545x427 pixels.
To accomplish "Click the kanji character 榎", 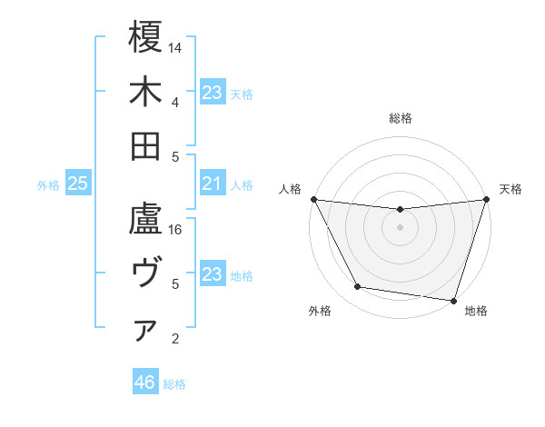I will [x=146, y=38].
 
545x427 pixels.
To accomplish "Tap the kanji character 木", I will [x=146, y=92].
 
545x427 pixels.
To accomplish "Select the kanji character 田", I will [x=146, y=146].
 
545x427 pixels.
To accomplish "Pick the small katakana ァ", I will [x=146, y=332].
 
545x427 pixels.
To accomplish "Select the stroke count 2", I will [x=175, y=339].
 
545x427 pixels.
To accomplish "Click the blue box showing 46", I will [x=145, y=382].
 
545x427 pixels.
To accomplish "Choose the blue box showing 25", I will [x=78, y=184].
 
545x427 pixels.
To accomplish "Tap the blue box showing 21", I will [x=212, y=184].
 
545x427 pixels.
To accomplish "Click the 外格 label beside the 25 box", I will [x=48, y=185].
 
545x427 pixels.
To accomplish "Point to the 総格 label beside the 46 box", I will [x=174, y=384].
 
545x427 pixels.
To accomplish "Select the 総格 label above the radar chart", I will [x=400, y=118].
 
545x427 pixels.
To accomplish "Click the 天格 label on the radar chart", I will [x=510, y=189].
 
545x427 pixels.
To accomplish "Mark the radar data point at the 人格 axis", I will [x=313, y=199].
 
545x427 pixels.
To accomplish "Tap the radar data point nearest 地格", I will [x=453, y=300].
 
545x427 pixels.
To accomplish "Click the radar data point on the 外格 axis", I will [x=358, y=287].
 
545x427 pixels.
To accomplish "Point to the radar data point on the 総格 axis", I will [x=400, y=210].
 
